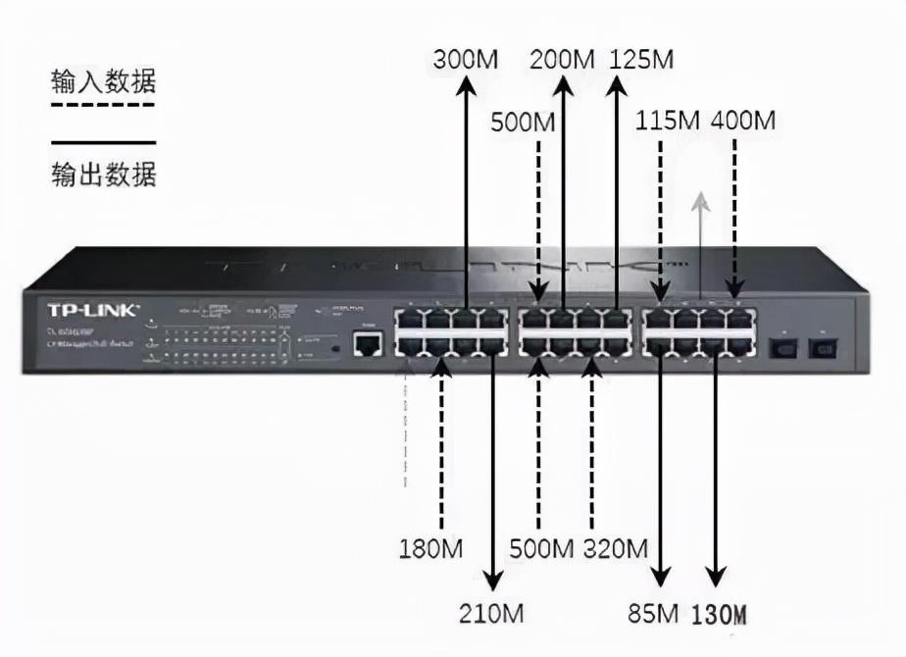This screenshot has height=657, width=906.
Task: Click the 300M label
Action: coord(465,59)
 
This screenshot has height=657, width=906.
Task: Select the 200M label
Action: coord(563,59)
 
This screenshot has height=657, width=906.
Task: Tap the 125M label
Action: coord(641,59)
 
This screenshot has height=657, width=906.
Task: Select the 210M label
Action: coord(491,615)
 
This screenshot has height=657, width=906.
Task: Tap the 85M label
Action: coord(654,615)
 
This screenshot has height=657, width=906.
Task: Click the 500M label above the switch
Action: coord(523,124)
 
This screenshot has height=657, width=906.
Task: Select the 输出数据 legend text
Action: coord(104,176)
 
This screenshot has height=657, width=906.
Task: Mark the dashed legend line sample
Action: coord(104,105)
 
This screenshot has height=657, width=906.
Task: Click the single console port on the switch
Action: coord(368,343)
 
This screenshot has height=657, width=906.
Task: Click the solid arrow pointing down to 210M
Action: coord(491,471)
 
